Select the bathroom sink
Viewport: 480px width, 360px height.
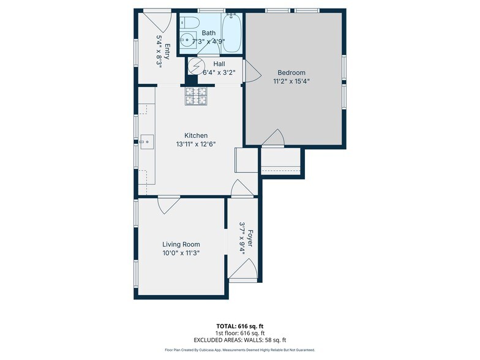coord(186,42)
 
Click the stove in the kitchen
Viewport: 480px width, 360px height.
coord(197,96)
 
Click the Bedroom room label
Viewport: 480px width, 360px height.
coord(291,72)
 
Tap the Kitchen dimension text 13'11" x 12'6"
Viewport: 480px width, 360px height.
coord(196,144)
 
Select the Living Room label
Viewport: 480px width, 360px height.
coord(181,244)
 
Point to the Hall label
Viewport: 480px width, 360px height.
coord(219,64)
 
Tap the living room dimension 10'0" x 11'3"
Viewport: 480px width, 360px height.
coord(181,252)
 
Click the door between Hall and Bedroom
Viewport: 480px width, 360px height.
coord(250,71)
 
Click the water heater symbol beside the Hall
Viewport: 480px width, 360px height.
coord(196,65)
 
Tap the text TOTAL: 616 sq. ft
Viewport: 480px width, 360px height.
coord(239,326)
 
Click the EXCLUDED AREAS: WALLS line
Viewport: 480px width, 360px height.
coord(239,340)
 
